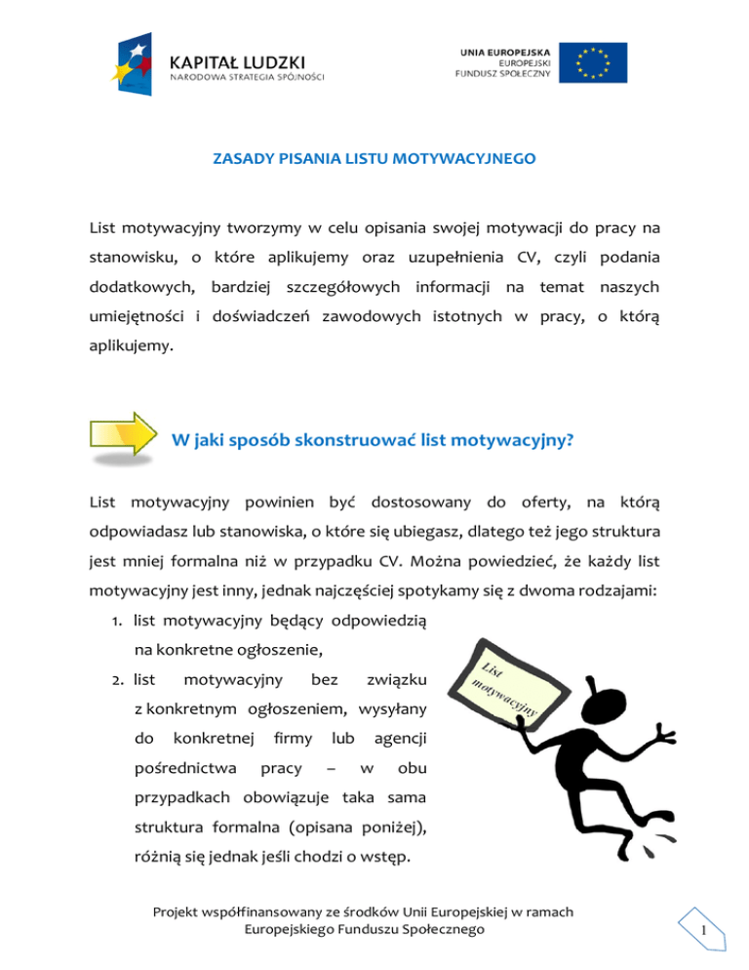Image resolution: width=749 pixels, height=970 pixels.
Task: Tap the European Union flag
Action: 600,62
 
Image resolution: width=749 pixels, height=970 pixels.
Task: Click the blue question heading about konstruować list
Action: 372,439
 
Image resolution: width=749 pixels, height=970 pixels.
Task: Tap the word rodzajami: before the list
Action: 599,594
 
